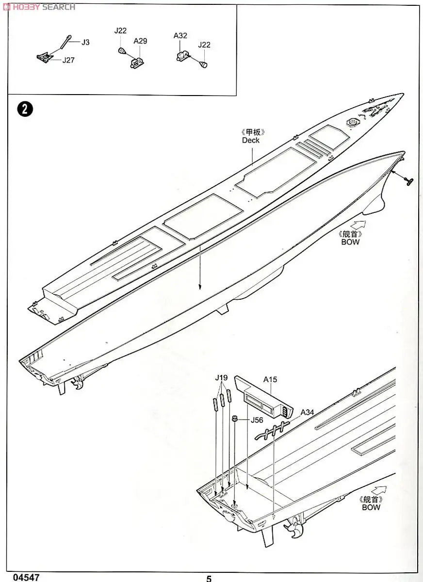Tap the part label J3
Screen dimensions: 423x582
click(85, 42)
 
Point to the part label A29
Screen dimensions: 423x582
click(140, 41)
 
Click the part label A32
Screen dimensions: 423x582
click(180, 35)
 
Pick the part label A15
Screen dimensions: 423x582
click(270, 380)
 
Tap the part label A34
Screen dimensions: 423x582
click(308, 412)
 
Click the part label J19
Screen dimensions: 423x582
click(222, 378)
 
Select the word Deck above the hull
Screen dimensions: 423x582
click(251, 140)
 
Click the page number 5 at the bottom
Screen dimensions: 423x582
click(209, 578)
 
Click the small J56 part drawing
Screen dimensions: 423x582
click(234, 419)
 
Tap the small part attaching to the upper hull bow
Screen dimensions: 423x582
click(409, 181)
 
